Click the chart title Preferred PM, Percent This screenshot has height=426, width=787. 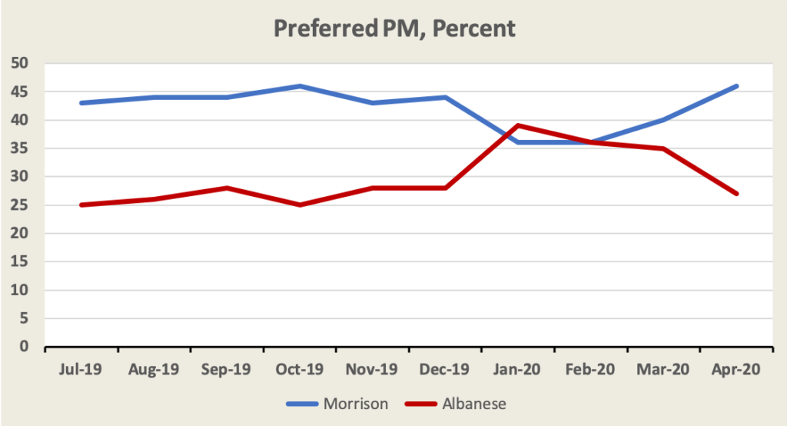(394, 29)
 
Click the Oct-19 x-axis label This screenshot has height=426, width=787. (300, 369)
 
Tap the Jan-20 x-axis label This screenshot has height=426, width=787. (519, 369)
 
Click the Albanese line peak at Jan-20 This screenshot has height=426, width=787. (519, 125)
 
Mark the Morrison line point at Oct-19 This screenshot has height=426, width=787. (300, 86)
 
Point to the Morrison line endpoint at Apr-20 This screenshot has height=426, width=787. (737, 86)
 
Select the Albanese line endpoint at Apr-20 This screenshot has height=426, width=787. (737, 194)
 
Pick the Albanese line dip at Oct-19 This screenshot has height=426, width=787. (300, 205)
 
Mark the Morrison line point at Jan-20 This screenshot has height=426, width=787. (519, 142)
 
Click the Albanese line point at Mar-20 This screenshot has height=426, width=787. (664, 148)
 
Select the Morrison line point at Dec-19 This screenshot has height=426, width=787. (446, 97)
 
